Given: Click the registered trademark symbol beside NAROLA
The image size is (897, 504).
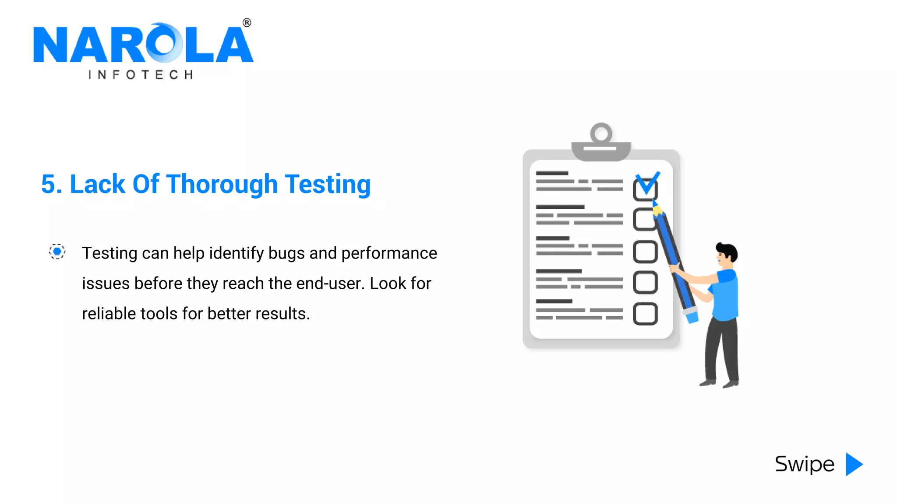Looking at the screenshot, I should [247, 23].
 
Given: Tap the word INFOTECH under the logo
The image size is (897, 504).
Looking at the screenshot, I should [141, 75].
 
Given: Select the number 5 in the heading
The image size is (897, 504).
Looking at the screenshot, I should [49, 184].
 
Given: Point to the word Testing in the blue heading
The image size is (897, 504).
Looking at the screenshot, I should [328, 184].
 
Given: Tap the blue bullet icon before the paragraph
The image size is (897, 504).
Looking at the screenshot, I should [57, 252].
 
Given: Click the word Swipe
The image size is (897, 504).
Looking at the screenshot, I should [805, 464].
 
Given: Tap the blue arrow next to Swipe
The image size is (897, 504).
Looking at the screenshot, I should [854, 464].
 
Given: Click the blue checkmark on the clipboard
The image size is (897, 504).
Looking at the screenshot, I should [647, 182].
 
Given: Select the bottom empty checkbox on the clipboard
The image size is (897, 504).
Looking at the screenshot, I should [645, 314].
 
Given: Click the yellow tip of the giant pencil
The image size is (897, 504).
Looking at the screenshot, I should [657, 211].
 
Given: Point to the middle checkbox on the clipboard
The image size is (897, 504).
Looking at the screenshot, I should [645, 252].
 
